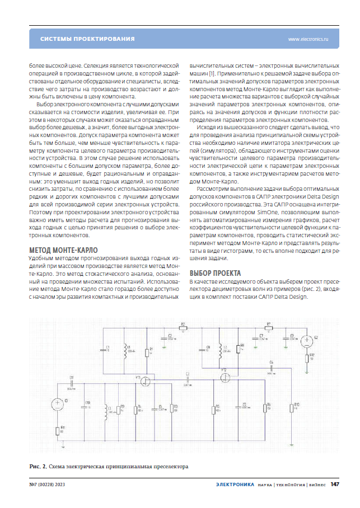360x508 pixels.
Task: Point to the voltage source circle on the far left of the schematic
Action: coord(57,403)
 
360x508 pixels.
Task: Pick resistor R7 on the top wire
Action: coord(269,328)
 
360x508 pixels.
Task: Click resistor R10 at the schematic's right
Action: coord(292,408)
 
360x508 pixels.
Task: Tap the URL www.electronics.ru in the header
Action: coord(308,40)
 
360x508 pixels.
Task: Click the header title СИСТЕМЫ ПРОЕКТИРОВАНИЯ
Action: coord(87,39)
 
